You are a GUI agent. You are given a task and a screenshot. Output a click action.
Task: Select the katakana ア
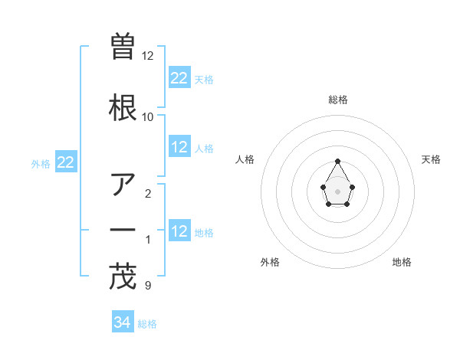pos(123,185)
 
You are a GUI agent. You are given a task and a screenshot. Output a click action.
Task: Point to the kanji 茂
pos(123,277)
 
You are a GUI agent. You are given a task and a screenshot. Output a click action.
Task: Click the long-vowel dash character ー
pos(123,231)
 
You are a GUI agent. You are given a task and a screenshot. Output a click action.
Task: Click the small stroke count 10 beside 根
pos(147,117)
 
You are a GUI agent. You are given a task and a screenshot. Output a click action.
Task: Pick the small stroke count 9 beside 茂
pos(147,286)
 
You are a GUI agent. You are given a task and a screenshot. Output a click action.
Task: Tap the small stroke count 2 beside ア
pos(147,194)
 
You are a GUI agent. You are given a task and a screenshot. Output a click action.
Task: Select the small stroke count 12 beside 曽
pos(147,56)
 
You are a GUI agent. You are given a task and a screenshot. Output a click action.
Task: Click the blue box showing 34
pos(123,323)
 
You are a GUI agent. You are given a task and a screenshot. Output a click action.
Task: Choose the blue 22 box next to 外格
pos(66,162)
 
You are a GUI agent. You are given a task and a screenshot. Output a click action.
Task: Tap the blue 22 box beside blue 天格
pos(179,78)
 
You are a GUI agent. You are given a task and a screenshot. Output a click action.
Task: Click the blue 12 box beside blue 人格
pos(179,147)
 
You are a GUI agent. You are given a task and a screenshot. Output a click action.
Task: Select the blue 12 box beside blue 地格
pos(179,231)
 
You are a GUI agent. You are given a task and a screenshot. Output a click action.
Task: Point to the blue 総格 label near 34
pos(147,324)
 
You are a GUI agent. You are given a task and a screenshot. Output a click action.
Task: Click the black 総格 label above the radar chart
pos(338,100)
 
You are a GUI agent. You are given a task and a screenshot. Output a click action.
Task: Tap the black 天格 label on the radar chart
pos(431,159)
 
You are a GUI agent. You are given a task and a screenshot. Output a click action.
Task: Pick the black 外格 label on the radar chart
pos(270,262)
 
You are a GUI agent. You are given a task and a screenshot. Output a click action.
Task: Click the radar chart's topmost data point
pos(338,161)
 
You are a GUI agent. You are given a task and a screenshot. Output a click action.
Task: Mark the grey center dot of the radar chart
pos(338,190)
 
